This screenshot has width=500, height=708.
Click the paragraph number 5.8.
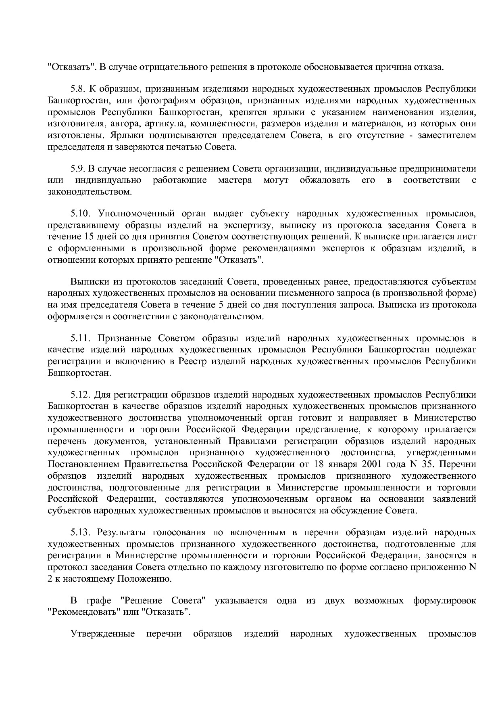click(x=78, y=89)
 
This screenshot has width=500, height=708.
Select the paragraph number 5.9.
click(x=78, y=168)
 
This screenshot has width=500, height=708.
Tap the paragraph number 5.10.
click(x=80, y=213)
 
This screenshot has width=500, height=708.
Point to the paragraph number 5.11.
click(x=80, y=338)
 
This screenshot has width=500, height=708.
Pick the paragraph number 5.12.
click(x=80, y=394)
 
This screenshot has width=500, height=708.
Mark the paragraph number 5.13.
click(x=80, y=532)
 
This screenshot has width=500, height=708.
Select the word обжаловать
click(x=325, y=180)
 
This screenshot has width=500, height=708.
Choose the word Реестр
click(x=192, y=361)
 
